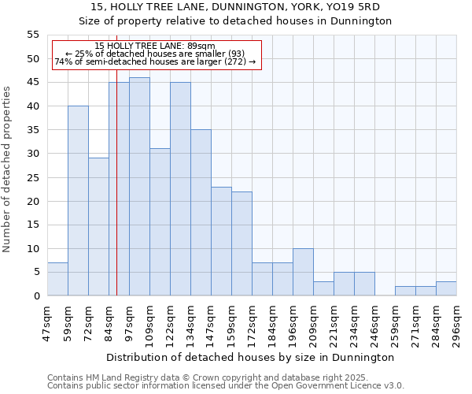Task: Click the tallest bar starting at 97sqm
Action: point(139,187)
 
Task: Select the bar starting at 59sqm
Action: point(78,201)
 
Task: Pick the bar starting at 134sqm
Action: point(201,213)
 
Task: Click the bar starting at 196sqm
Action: point(303,272)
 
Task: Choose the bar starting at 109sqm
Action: point(160,222)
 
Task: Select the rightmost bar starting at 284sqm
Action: point(446,288)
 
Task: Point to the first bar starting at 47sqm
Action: point(57,279)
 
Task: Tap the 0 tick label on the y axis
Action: point(36,295)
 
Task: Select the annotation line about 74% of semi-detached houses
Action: point(155,61)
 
